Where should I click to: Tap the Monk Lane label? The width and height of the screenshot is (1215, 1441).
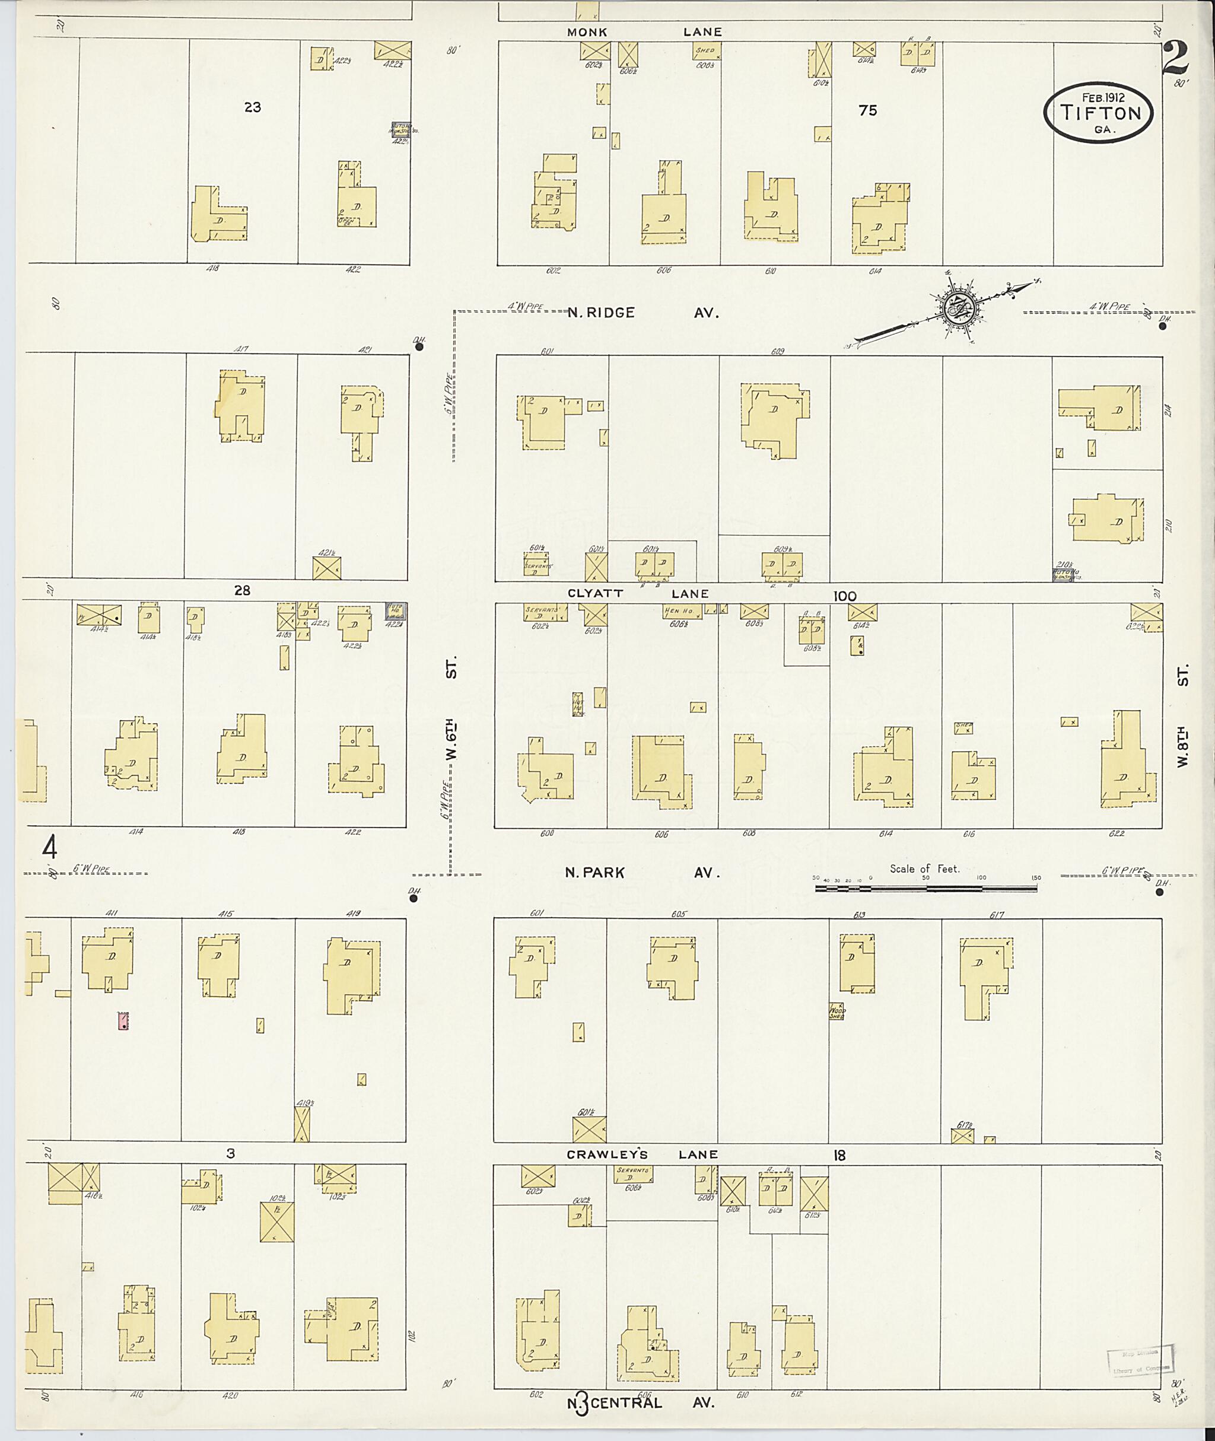(644, 31)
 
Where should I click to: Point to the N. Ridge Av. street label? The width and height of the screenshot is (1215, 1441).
(643, 313)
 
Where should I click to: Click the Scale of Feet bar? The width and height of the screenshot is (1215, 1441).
(925, 888)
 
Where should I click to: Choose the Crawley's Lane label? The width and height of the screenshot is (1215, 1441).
(642, 1154)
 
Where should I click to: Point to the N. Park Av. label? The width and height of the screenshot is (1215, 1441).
(642, 873)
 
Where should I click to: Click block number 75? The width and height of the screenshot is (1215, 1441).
(868, 110)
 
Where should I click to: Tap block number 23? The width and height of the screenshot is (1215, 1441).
(252, 107)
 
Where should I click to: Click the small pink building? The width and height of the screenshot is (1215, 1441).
(123, 1021)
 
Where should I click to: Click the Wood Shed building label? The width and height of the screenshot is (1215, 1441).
(836, 1011)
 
